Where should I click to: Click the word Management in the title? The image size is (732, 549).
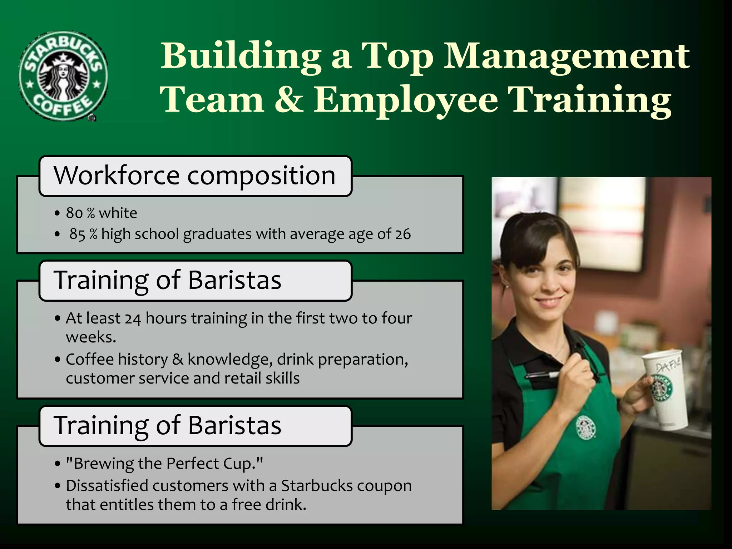(567, 56)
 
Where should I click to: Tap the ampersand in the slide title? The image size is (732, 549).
(289, 99)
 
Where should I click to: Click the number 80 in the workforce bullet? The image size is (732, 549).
(74, 213)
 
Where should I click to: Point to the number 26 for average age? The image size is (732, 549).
(403, 234)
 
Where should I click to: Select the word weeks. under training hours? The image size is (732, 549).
(91, 337)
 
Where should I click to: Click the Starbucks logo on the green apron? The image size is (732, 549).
(585, 427)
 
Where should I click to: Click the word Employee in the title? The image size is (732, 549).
(406, 99)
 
